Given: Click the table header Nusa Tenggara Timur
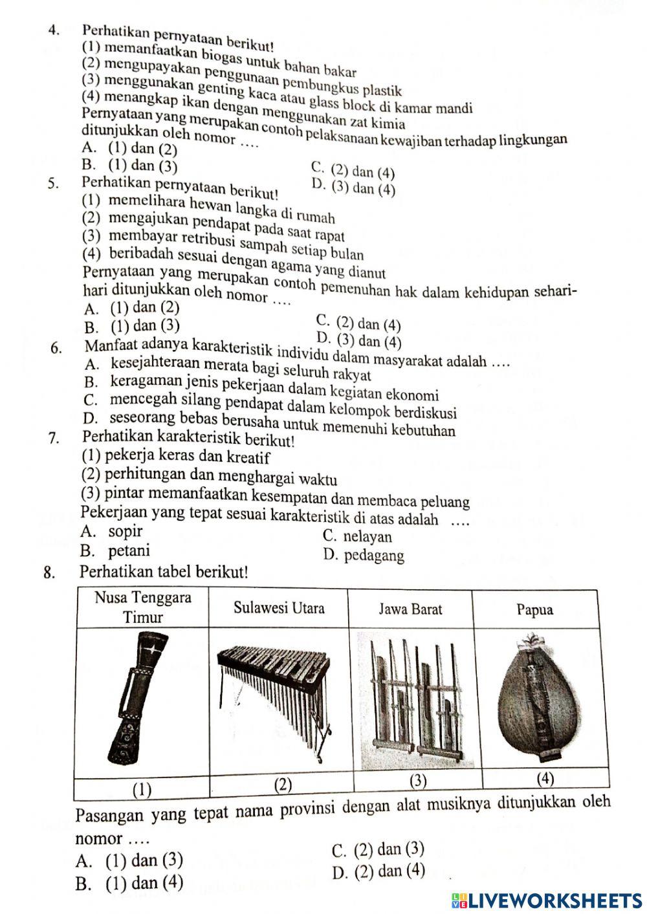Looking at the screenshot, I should pyautogui.click(x=143, y=607).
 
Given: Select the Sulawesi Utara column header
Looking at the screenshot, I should pyautogui.click(x=279, y=608).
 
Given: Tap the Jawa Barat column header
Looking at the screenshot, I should pyautogui.click(x=410, y=609).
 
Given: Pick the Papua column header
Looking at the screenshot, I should pyautogui.click(x=535, y=609).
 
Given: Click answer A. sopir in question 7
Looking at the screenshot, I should pyautogui.click(x=111, y=532).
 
